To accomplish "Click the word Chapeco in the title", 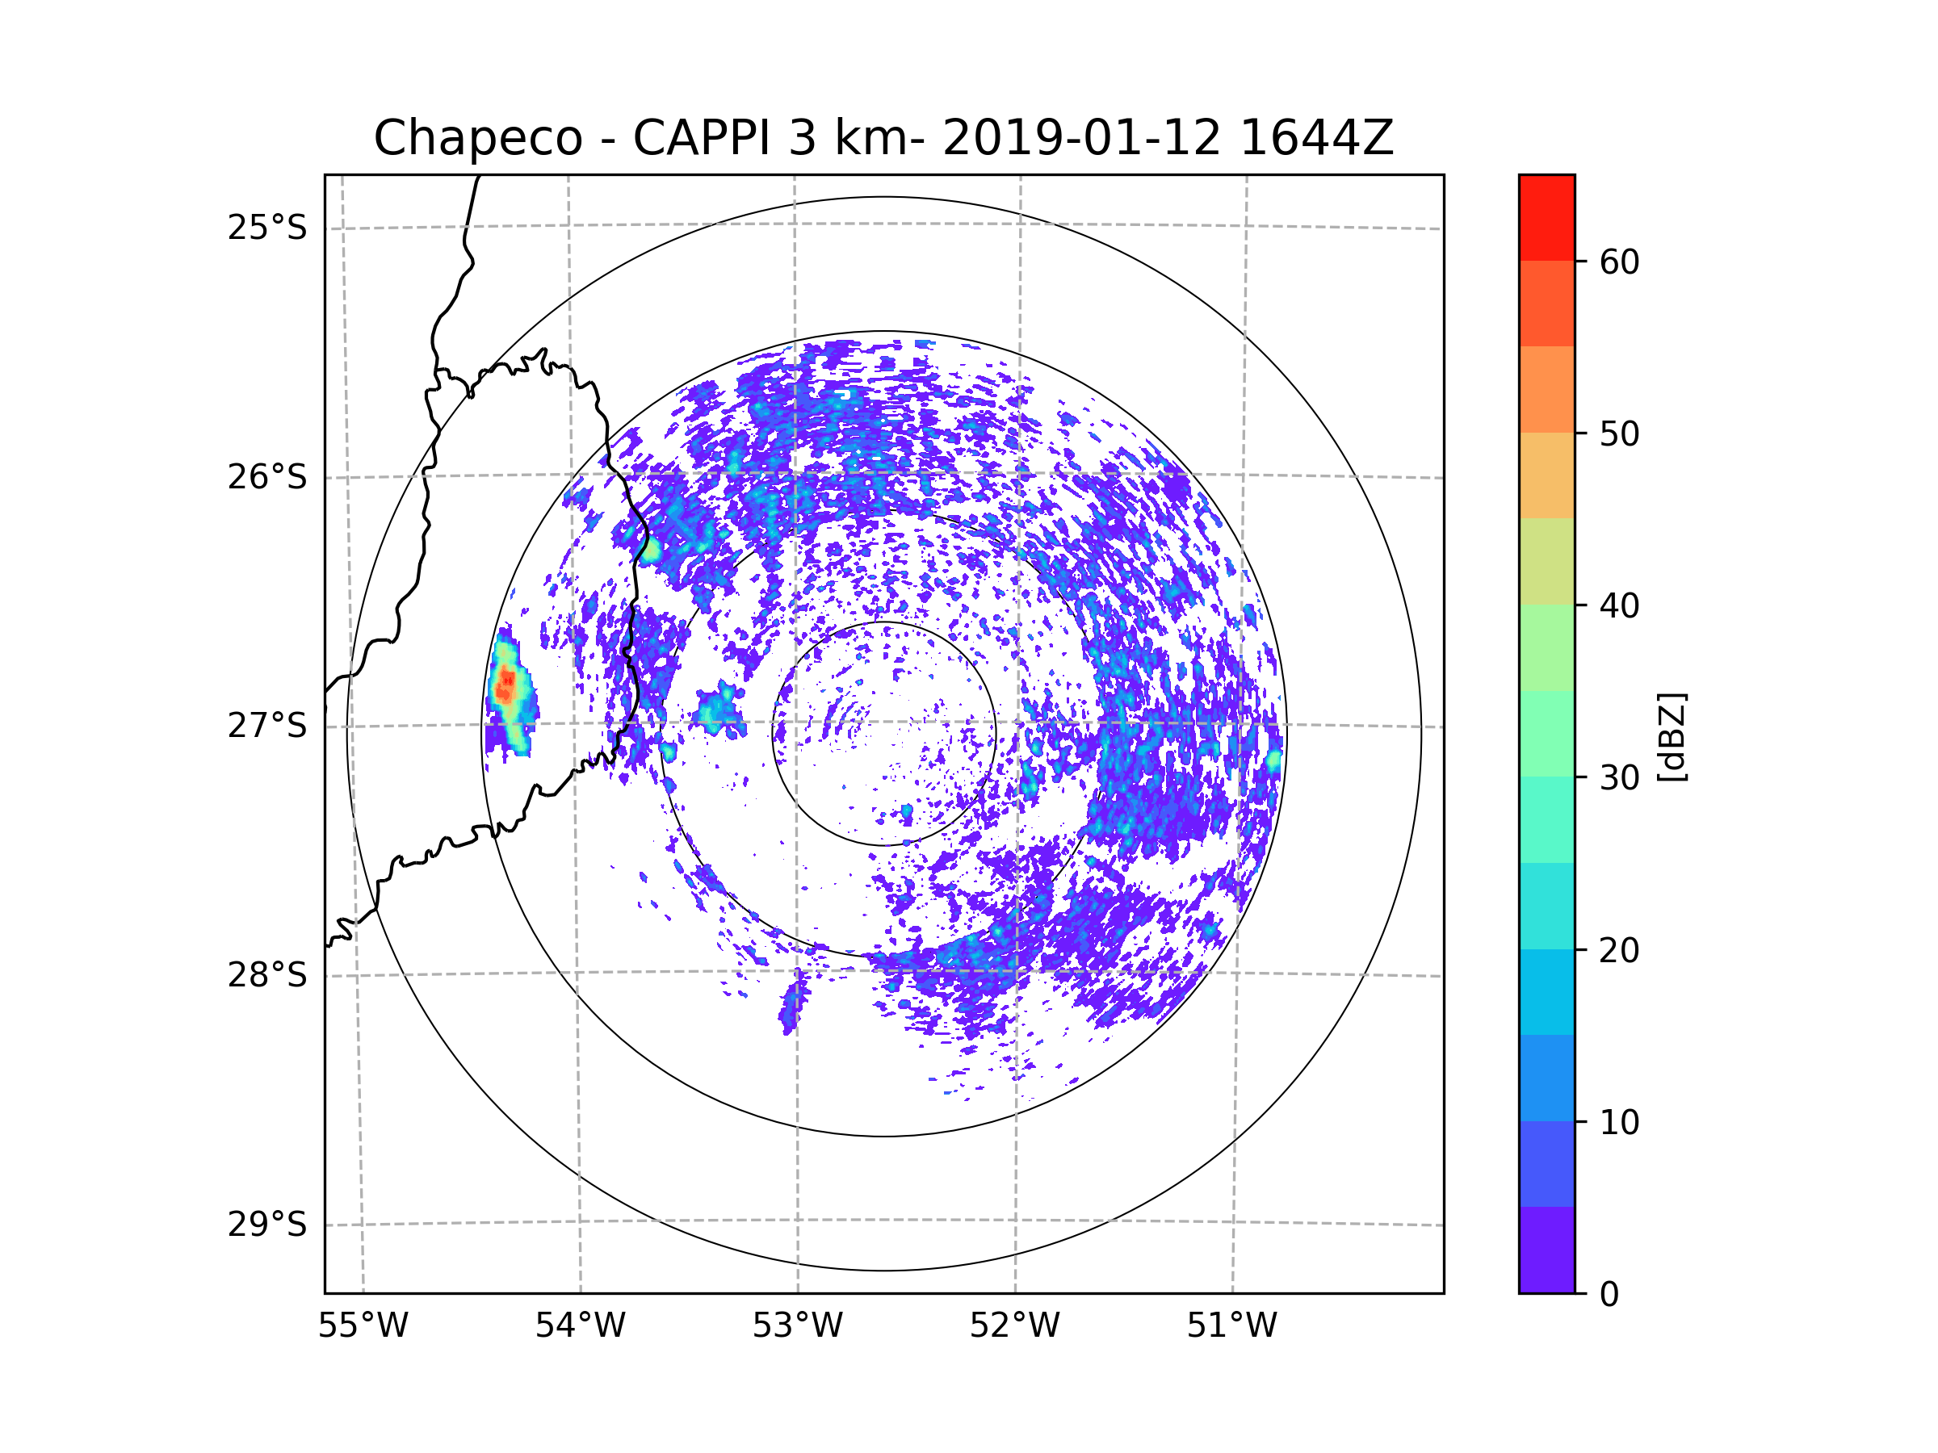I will pos(477,138).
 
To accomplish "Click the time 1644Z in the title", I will pos(1316,138).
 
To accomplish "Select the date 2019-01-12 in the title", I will pos(1081,138).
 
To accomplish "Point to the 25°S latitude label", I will pos(267,228).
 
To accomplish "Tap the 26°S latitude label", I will pos(267,477).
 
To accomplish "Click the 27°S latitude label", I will pos(267,726).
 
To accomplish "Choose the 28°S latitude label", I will pos(267,975).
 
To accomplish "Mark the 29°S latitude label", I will pos(267,1225).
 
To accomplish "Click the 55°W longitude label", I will pos(363,1326).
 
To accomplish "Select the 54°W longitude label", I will pos(580,1326).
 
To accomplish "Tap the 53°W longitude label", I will pos(797,1326).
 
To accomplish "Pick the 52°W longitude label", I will pos(1014,1326).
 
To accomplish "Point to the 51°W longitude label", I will pos(1231,1326).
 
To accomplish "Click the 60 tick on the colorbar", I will pos(1619,262).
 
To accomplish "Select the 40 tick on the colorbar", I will pos(1619,605).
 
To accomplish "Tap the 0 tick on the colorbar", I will pos(1609,1295).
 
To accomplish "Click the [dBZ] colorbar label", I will pos(1672,736).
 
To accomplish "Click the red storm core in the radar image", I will pos(505,684).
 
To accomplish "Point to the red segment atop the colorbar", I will pos(1546,217).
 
